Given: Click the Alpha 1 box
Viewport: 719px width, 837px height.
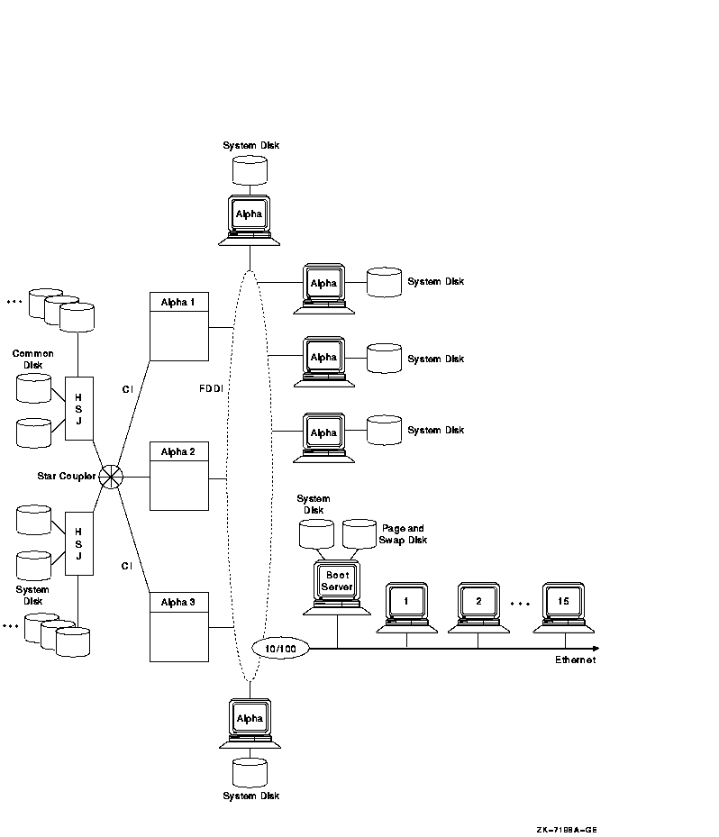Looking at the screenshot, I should click(178, 325).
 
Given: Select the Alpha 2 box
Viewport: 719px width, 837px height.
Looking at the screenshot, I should click(178, 475).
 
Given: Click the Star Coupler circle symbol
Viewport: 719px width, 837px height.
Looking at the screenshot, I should click(111, 477).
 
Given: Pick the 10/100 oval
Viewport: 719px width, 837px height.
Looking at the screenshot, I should click(280, 648).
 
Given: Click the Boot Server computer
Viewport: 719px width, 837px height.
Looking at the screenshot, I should click(337, 586).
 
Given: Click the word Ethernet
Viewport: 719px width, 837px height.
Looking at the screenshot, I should click(575, 660).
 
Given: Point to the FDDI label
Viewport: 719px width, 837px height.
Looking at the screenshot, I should click(212, 389).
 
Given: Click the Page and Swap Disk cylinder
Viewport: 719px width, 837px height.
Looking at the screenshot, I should click(359, 532).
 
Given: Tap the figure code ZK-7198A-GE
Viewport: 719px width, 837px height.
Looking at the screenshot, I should click(566, 831).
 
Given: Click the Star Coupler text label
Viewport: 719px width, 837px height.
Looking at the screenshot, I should click(66, 476).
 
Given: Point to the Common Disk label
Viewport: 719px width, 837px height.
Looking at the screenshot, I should click(32, 359).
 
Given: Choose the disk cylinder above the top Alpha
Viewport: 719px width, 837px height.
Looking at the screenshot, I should click(250, 169).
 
